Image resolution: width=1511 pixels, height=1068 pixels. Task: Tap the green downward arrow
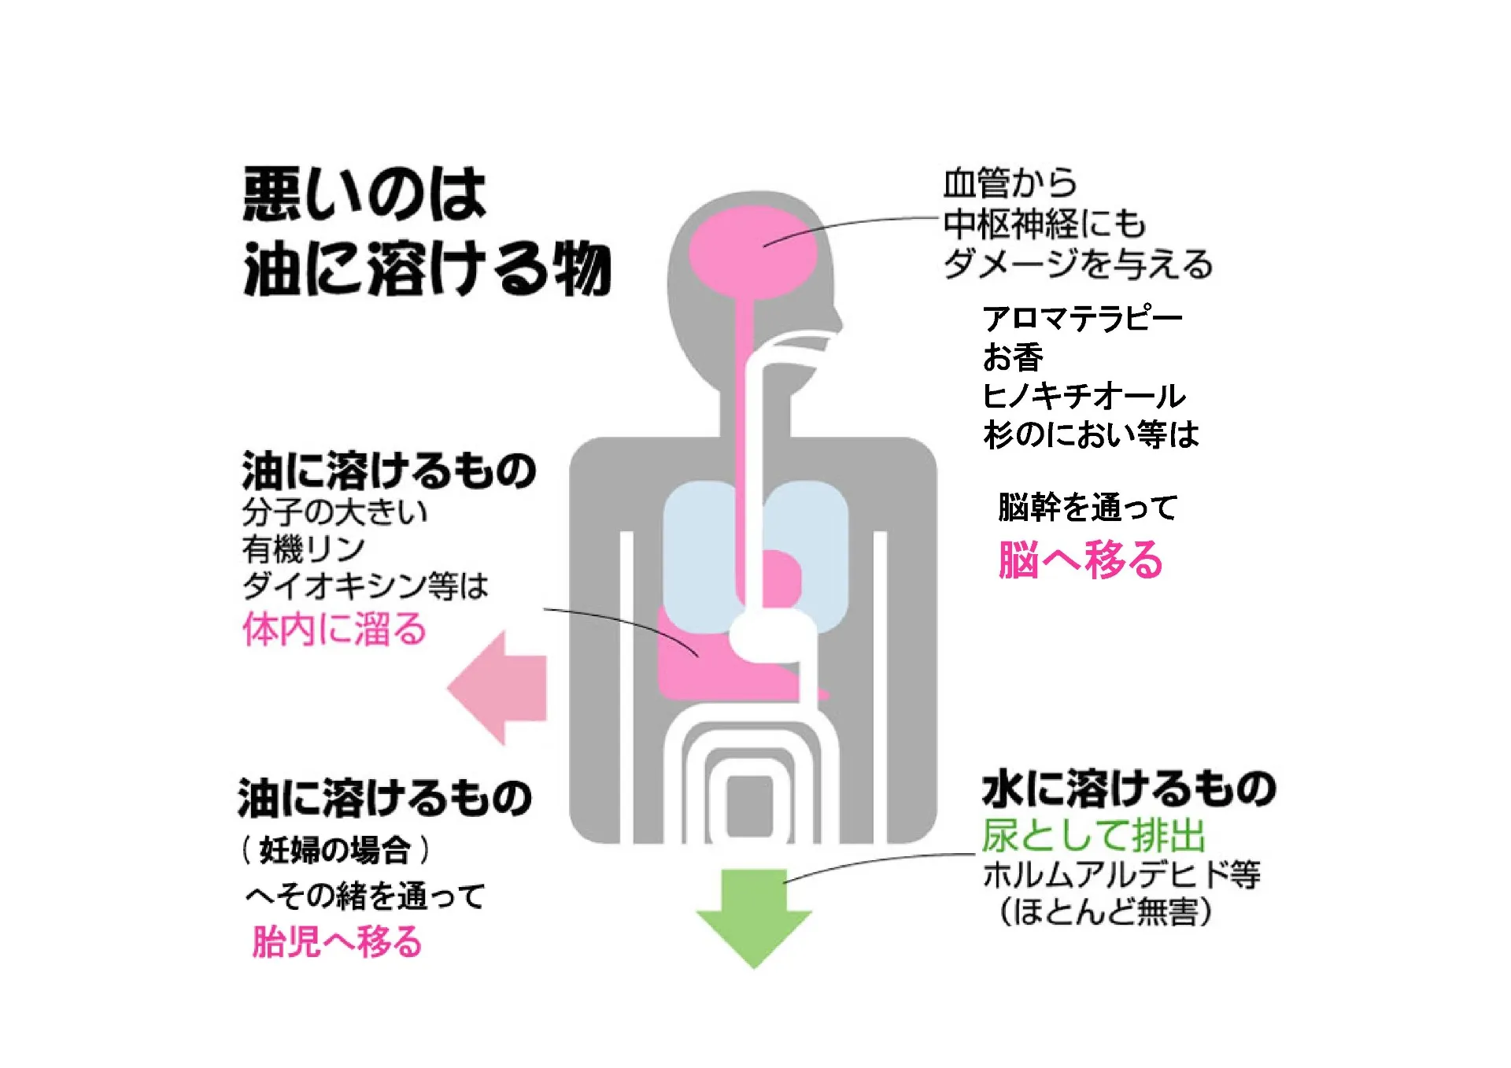(x=754, y=917)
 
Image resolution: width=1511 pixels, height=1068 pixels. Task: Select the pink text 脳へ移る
(x=1080, y=560)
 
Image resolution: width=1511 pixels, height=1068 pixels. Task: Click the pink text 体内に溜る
(x=334, y=630)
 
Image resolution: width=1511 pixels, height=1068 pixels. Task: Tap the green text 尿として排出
(x=1093, y=835)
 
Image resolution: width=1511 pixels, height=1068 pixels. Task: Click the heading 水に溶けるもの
(x=1129, y=789)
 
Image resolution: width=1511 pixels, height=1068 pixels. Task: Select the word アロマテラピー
(x=1082, y=319)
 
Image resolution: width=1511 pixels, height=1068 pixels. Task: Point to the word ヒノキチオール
(x=1084, y=396)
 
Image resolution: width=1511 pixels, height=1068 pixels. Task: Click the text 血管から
(x=1010, y=183)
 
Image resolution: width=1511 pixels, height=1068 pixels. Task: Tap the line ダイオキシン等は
(x=365, y=586)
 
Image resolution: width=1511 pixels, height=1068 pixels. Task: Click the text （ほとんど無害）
(x=1105, y=912)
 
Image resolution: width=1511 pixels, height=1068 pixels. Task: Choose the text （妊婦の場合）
(x=336, y=850)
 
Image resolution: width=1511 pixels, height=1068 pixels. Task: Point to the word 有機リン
(x=303, y=549)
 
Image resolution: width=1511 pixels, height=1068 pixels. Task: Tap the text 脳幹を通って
(x=1088, y=508)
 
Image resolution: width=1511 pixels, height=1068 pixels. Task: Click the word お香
(x=1013, y=357)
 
